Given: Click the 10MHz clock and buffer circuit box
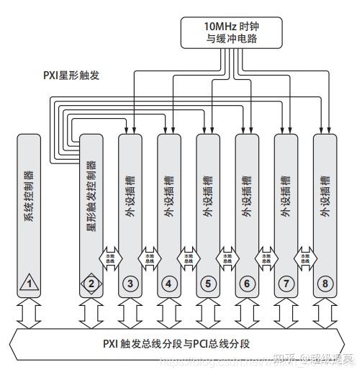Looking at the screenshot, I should (x=228, y=34).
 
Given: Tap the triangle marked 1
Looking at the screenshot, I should (x=30, y=283).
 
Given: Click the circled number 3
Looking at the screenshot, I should (x=130, y=284).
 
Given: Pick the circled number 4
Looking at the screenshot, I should (x=168, y=284).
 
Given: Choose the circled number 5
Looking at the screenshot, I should (x=208, y=284).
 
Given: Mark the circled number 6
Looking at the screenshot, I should (x=247, y=284).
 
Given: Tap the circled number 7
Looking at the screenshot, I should (x=286, y=284).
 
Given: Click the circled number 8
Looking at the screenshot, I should (x=325, y=284).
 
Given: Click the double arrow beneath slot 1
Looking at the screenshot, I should (x=30, y=312).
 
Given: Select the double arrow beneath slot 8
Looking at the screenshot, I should (x=325, y=312).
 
